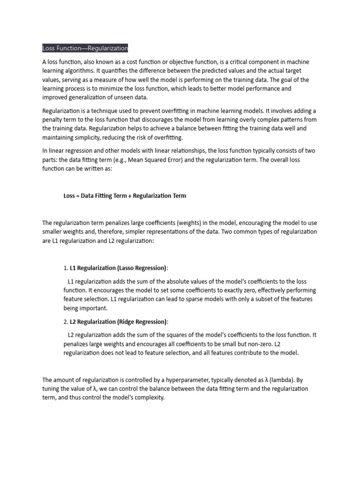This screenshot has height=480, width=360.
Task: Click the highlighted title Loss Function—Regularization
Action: point(85,48)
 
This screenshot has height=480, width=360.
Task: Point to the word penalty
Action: point(53,120)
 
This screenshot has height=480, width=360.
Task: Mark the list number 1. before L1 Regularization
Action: point(66,268)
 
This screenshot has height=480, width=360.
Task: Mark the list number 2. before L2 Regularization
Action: point(66,322)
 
